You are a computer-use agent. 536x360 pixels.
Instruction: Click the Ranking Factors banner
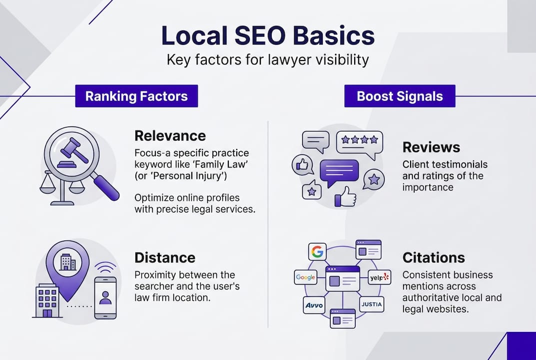136,96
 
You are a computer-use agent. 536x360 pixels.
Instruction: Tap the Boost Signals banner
400,96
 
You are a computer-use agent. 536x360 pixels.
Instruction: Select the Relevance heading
170,135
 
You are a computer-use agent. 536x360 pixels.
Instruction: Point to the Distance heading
165,257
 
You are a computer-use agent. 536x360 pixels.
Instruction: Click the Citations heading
433,257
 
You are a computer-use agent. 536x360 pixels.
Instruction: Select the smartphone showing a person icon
105,297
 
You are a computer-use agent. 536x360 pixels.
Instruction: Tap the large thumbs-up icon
345,196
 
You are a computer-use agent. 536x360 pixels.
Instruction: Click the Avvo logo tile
314,304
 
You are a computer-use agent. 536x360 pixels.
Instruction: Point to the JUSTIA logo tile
371,304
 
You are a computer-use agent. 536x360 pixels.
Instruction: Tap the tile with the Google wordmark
305,276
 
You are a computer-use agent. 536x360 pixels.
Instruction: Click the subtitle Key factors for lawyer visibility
267,60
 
